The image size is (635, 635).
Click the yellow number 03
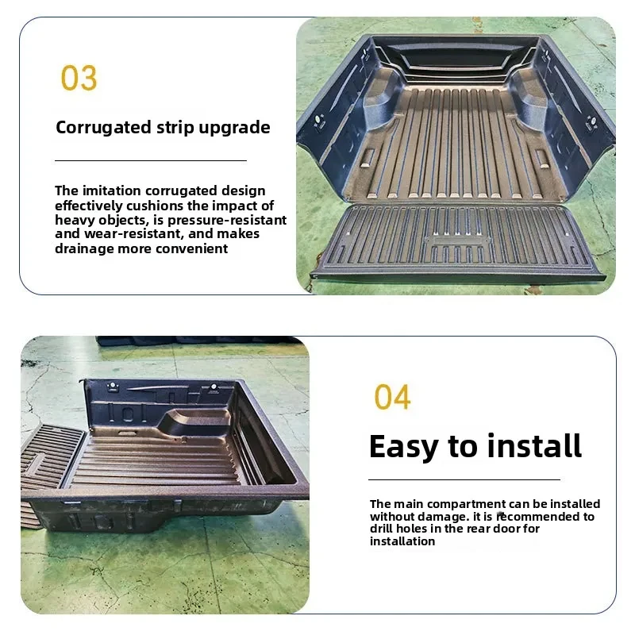[79, 79]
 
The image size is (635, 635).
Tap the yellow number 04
[392, 397]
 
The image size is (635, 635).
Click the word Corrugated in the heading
[102, 128]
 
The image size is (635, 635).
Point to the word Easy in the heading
[405, 446]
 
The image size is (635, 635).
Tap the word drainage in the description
[84, 248]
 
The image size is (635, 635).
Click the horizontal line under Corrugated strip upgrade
[151, 160]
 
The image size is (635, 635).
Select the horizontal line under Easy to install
[464, 479]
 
